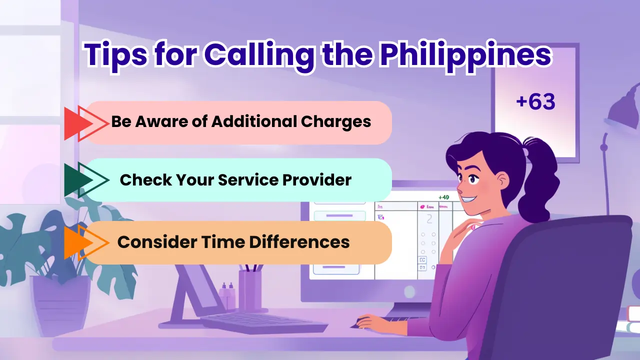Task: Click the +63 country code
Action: coord(535,102)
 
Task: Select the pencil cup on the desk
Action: coord(250,290)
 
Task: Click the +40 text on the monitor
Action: coord(443,197)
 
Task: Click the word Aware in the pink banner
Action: coord(167,121)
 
